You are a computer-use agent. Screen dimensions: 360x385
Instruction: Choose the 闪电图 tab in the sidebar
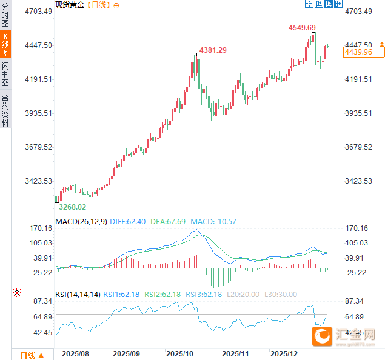click(5, 74)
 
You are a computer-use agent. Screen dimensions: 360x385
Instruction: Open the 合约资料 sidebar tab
click(5, 110)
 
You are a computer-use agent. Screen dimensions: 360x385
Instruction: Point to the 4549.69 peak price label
click(302, 28)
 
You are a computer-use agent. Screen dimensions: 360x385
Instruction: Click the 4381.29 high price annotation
click(213, 50)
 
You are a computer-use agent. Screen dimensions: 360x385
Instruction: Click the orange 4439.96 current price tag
click(358, 53)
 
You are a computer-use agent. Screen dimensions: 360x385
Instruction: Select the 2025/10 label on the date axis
click(179, 353)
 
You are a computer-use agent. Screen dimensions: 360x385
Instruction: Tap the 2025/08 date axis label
click(76, 353)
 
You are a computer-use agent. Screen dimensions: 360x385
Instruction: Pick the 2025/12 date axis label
click(283, 353)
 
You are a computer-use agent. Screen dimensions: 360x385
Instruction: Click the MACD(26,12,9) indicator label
click(81, 222)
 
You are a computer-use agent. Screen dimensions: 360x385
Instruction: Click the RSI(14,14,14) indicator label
click(78, 295)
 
